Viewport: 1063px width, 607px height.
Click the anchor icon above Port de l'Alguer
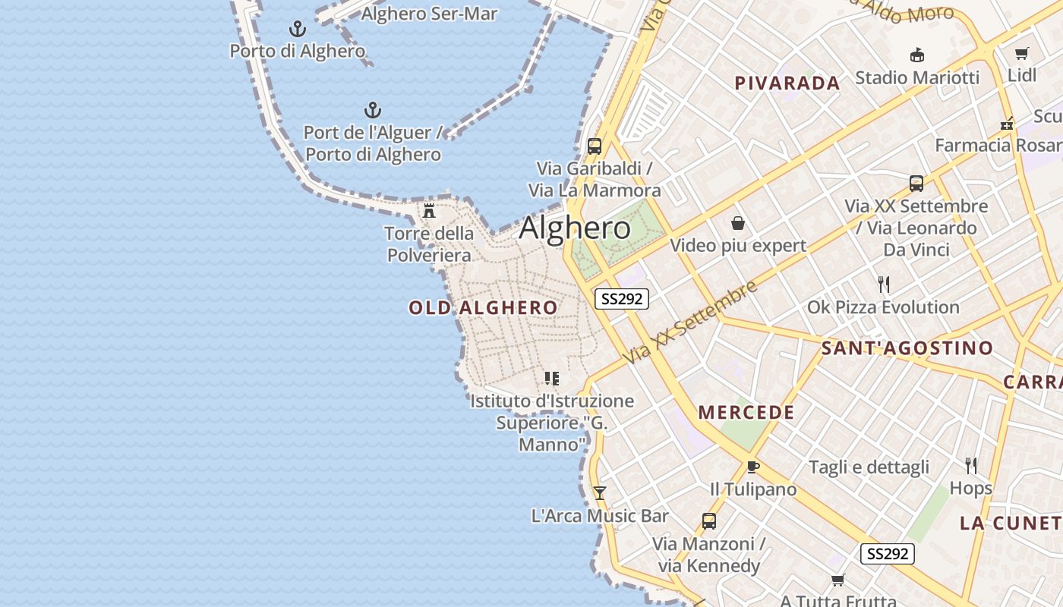point(372,110)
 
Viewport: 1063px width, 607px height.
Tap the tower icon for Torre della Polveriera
point(429,210)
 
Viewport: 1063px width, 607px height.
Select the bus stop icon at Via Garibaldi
point(595,146)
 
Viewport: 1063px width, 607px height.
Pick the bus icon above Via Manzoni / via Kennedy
point(708,521)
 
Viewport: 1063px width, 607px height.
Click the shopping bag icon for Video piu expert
point(737,223)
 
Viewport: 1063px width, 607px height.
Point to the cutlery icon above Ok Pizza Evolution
point(883,285)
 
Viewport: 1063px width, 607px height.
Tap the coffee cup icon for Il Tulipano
point(752,467)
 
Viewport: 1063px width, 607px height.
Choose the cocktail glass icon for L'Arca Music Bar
point(599,493)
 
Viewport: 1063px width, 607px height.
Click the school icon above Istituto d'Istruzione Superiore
point(552,378)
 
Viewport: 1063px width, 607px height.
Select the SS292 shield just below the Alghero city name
point(622,299)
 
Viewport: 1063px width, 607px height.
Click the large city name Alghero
point(575,228)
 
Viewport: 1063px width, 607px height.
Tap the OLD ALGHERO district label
point(483,307)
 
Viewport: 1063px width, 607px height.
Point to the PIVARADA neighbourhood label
point(787,83)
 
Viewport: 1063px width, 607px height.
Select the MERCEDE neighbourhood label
point(746,413)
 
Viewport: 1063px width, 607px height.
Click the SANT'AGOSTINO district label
point(907,348)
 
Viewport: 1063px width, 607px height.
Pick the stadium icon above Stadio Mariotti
point(917,55)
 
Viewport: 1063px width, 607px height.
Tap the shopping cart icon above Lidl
point(1021,53)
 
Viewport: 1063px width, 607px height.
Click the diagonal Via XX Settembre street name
point(690,322)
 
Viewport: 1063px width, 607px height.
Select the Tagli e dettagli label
point(869,467)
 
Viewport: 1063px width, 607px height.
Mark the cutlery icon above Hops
point(970,465)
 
